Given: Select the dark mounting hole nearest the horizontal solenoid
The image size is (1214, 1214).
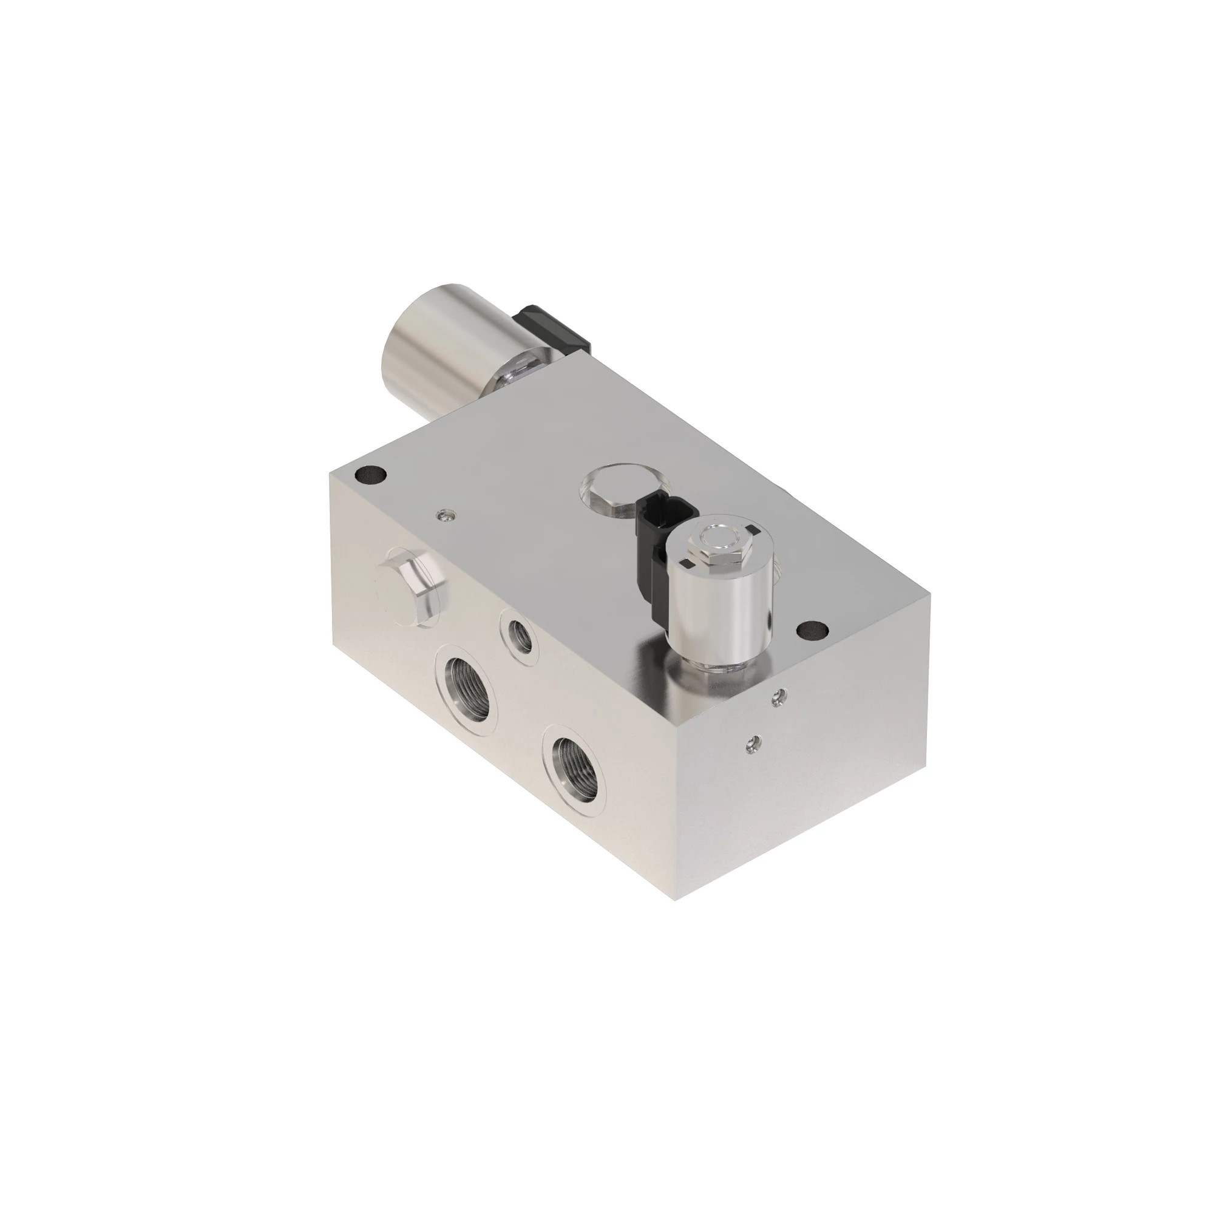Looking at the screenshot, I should point(370,476).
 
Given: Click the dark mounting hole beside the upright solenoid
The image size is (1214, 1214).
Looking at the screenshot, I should point(811,629).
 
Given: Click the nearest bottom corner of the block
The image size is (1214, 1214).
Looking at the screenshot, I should point(675,900).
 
